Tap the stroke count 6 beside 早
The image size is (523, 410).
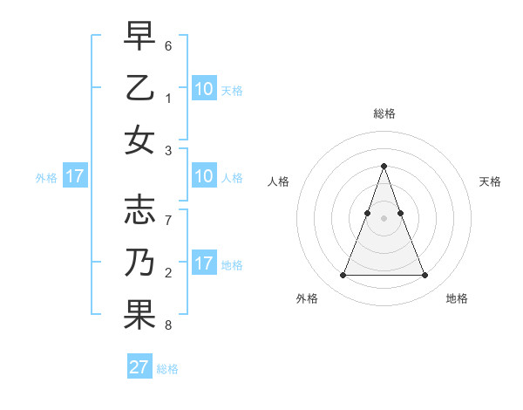point(168,45)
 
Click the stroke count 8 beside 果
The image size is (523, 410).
point(168,325)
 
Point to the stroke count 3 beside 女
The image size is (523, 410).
point(168,150)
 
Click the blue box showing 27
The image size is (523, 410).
point(139,367)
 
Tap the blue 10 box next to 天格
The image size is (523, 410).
point(204,88)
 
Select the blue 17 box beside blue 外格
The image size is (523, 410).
point(75,176)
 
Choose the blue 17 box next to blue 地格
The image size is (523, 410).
point(204,263)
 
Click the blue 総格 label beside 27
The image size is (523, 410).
point(167,369)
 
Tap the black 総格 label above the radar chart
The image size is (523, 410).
point(384,113)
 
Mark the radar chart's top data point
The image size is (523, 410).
point(384,166)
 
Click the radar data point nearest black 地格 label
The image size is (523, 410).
point(425,276)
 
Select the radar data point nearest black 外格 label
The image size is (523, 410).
point(343,276)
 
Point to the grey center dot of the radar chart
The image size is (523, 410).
point(384,218)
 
